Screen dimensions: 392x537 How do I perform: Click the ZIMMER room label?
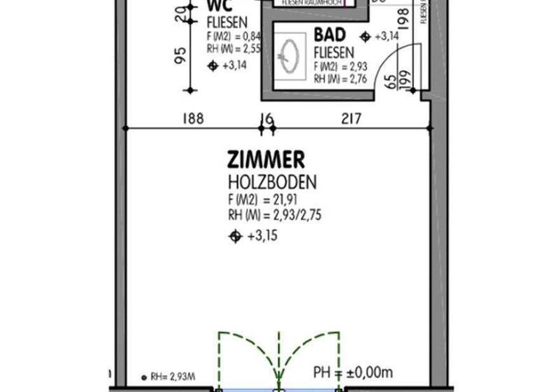(265, 161)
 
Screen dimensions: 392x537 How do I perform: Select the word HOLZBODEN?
(272, 183)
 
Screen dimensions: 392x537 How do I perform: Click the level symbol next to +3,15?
(236, 237)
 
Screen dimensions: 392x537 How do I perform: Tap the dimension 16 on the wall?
(265, 119)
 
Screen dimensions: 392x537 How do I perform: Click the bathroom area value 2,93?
(348, 66)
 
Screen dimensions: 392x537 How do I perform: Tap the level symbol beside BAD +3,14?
(364, 36)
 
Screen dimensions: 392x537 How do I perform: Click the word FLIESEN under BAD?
(334, 52)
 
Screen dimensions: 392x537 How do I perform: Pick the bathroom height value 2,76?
(348, 79)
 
